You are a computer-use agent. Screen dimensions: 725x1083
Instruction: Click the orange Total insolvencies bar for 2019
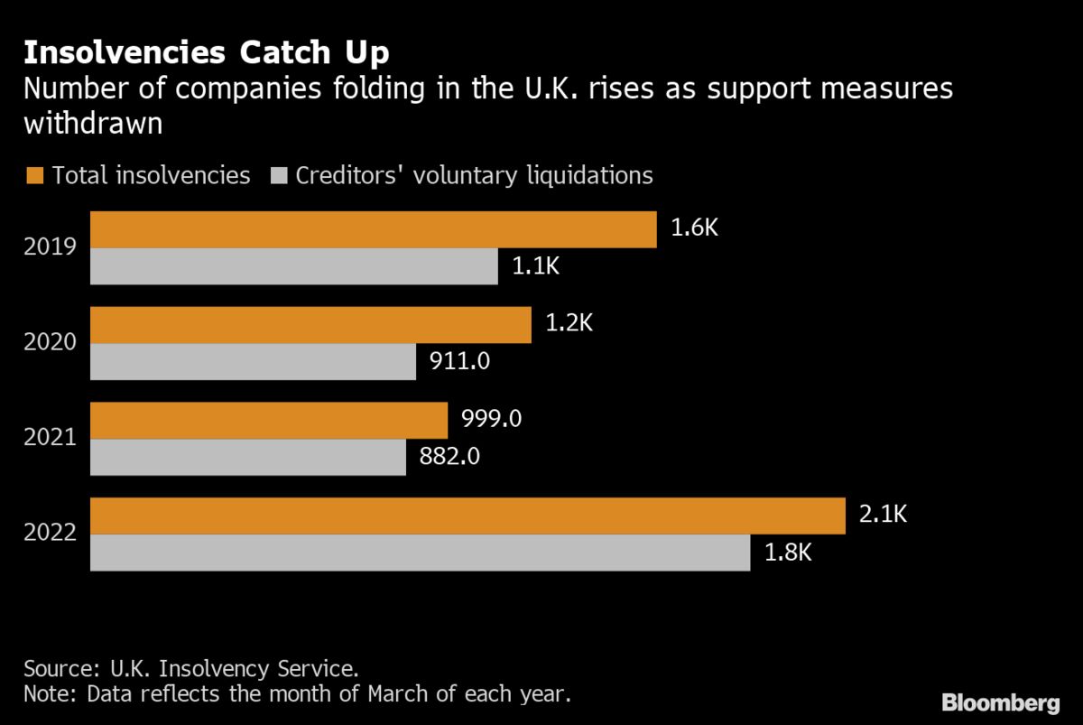pyautogui.click(x=374, y=230)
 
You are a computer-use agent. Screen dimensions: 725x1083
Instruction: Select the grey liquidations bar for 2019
pyautogui.click(x=294, y=267)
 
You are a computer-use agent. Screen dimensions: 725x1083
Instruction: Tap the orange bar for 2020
pyautogui.click(x=310, y=325)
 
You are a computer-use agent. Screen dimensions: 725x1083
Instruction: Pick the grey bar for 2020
pyautogui.click(x=254, y=362)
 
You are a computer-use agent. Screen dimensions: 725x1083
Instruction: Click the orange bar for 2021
pyautogui.click(x=269, y=421)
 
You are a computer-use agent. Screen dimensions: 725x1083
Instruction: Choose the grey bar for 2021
pyautogui.click(x=248, y=458)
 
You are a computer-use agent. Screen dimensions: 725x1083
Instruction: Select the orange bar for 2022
pyautogui.click(x=467, y=516)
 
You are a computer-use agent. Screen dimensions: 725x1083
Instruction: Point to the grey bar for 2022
pyautogui.click(x=420, y=553)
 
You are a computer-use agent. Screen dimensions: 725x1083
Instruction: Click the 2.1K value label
pyautogui.click(x=882, y=516)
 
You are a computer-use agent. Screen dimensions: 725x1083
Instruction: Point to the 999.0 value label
pyautogui.click(x=492, y=420)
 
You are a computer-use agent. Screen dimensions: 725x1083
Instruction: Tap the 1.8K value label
pyautogui.click(x=788, y=553)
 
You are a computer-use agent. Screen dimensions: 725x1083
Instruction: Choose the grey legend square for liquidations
pyautogui.click(x=277, y=175)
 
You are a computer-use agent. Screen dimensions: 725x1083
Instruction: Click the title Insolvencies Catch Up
pyautogui.click(x=206, y=52)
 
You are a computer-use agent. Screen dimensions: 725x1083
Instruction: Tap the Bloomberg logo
pyautogui.click(x=1000, y=702)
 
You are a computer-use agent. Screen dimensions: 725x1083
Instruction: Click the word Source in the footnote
pyautogui.click(x=56, y=670)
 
